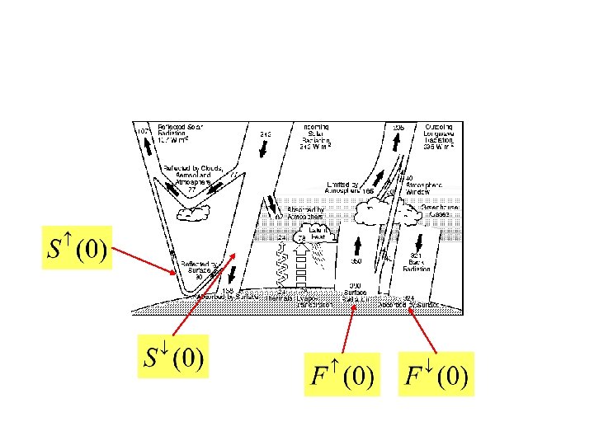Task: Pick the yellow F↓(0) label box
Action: [436, 375]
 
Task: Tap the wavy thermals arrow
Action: [282, 260]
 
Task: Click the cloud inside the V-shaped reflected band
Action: [195, 213]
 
